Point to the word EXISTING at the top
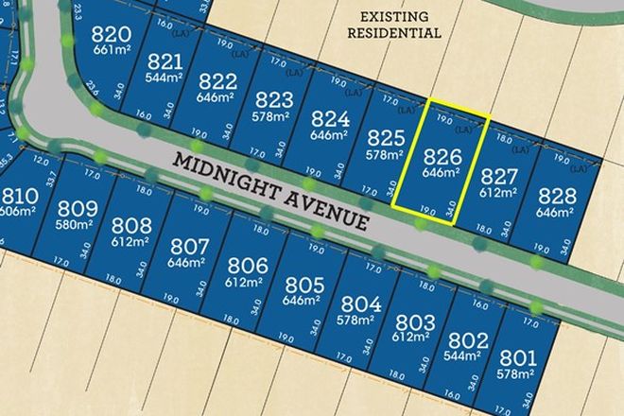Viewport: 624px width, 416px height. tap(392, 16)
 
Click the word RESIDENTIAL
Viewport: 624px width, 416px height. tap(392, 32)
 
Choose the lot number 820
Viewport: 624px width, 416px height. tap(111, 36)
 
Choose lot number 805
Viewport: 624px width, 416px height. tap(304, 285)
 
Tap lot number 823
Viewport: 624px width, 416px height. tap(273, 100)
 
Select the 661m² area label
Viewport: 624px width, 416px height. tap(111, 51)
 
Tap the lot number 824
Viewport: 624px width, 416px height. tap(330, 119)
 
